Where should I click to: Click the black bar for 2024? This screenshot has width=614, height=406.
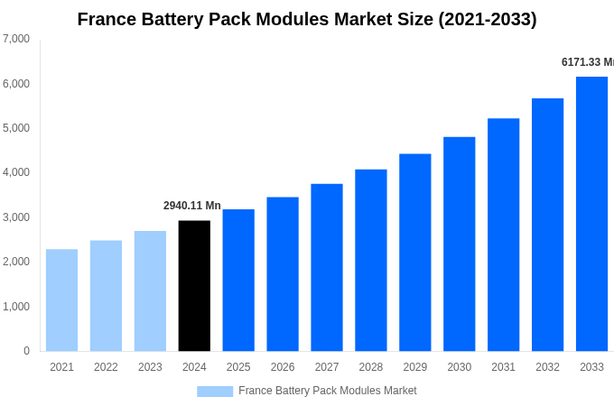(x=194, y=286)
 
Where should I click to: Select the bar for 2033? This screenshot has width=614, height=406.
(x=591, y=214)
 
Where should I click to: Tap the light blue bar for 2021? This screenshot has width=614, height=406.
(x=61, y=300)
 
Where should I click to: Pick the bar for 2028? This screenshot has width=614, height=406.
(x=370, y=260)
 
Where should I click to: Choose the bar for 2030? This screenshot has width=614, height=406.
(x=459, y=244)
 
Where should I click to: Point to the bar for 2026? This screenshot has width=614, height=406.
(x=283, y=274)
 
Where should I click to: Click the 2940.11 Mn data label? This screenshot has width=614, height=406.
(x=191, y=206)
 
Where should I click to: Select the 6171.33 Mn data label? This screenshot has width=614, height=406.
(x=587, y=62)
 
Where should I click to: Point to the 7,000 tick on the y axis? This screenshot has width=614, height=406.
(x=16, y=39)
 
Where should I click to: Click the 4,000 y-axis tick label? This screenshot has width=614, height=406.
(x=16, y=172)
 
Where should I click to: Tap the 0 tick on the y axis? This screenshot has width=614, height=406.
(x=26, y=351)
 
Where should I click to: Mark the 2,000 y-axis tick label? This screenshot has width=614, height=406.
(x=16, y=262)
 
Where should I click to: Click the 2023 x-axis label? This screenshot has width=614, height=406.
(x=150, y=367)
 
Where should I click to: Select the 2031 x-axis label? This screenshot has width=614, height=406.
(x=503, y=367)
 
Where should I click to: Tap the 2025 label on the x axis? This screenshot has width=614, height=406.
(x=238, y=367)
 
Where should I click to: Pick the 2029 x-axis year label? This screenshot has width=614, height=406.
(x=414, y=367)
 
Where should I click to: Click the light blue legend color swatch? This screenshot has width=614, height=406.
(x=215, y=392)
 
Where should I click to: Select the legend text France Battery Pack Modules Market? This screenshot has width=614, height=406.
(x=327, y=391)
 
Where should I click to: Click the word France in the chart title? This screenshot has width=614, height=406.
(x=107, y=19)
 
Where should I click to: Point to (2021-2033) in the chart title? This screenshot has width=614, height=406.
(x=487, y=19)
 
